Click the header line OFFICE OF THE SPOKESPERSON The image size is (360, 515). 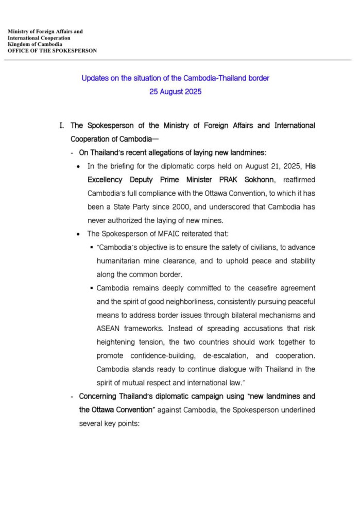coord(52,51)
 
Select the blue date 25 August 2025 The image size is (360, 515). coord(175,92)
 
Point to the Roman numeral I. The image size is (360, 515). coord(63,126)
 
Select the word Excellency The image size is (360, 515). coord(105,180)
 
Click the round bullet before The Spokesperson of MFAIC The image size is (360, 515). coord(78,234)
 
